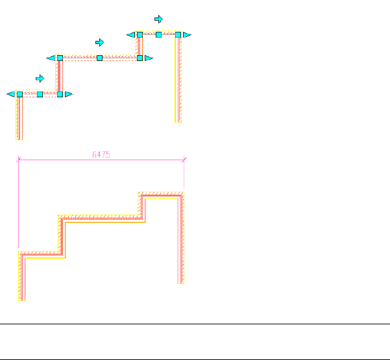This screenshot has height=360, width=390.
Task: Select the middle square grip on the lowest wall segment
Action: [40, 94]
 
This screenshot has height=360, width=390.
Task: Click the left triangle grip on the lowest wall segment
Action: [11, 94]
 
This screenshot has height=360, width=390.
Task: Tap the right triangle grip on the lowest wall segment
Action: [68, 94]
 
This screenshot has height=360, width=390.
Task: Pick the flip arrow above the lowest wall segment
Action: [40, 78]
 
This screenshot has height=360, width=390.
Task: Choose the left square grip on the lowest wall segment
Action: [19, 94]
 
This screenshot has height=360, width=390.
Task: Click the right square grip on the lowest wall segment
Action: [60, 94]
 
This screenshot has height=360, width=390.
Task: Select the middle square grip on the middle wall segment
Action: [99, 58]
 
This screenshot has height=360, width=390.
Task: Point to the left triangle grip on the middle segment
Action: [51, 58]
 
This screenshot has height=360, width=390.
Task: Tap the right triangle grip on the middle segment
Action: [148, 58]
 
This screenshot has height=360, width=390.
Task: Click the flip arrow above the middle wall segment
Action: [99, 42]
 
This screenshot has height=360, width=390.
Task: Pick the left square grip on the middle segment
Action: [60, 58]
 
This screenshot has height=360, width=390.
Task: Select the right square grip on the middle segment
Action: [140, 58]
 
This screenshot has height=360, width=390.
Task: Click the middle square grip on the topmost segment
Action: [158, 34]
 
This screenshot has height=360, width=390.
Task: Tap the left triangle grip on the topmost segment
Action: [131, 34]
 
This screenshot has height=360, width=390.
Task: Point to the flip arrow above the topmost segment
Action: [158, 19]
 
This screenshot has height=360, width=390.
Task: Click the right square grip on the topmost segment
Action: [178, 34]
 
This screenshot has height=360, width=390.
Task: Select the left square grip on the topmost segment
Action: [140, 34]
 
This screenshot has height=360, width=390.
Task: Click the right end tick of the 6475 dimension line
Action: [184, 158]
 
